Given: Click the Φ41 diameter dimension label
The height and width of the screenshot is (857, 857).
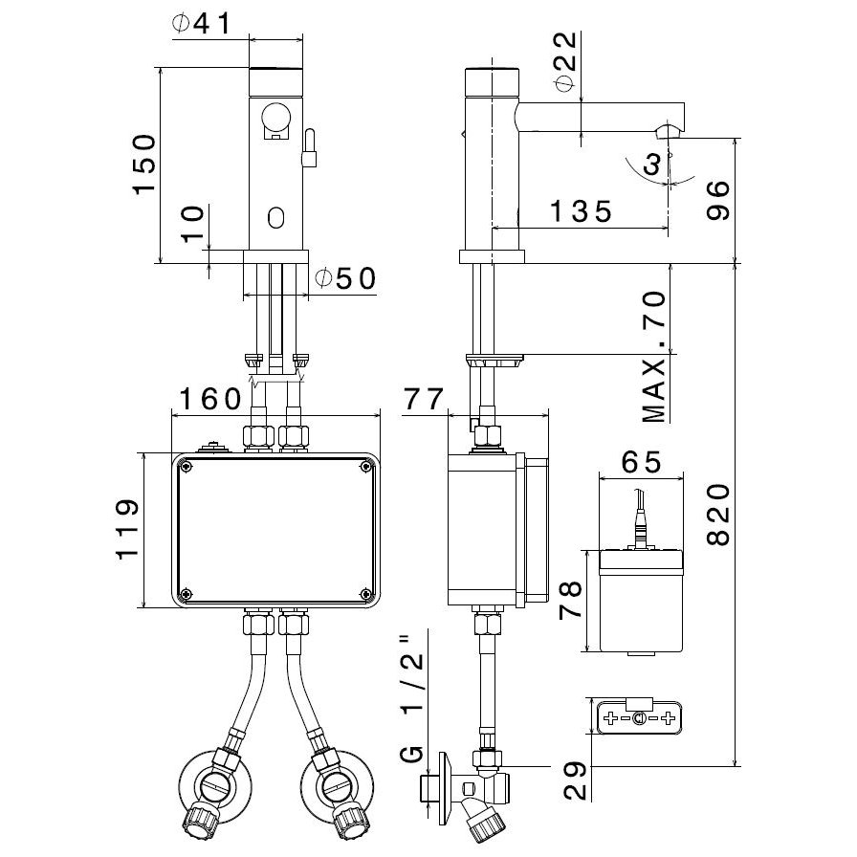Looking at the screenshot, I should coord(202,23).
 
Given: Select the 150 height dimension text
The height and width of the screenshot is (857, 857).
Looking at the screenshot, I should coord(144,165).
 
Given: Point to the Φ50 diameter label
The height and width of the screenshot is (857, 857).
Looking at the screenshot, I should coord(345,278).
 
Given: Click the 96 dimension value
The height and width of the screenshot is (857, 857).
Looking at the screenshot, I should coord(718,200).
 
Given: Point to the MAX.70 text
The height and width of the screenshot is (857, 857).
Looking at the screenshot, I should coord(655,358).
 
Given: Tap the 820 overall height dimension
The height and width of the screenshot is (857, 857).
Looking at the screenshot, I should coord(718,516).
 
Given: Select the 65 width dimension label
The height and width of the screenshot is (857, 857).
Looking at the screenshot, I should coord(641,462).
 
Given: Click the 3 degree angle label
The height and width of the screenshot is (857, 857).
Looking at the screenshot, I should coord(652,165).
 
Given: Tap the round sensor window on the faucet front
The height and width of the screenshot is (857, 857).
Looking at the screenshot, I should coord(275,118).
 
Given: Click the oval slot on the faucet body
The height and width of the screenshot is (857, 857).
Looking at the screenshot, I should coord(277,218).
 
